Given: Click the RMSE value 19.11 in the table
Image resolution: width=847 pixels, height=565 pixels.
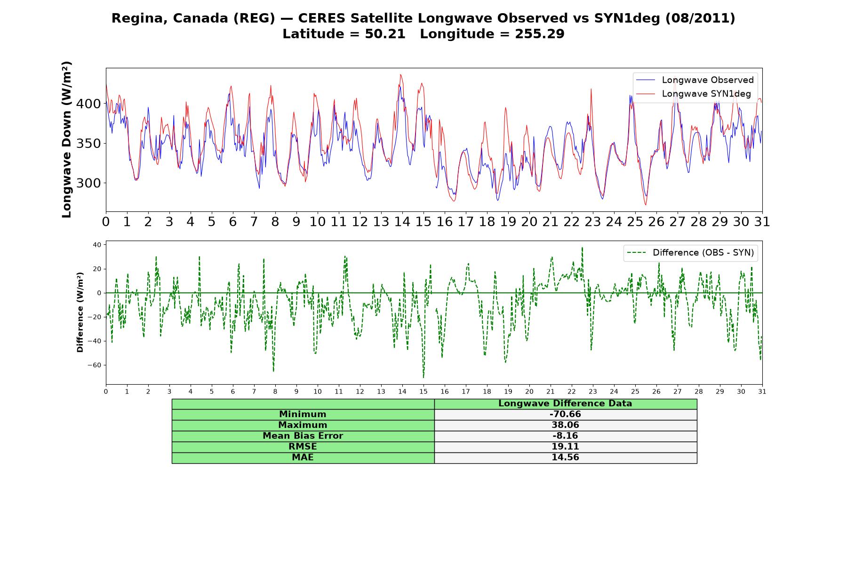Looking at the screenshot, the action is pos(565,447).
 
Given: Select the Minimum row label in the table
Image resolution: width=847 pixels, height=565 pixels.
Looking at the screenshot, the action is pos(303,414).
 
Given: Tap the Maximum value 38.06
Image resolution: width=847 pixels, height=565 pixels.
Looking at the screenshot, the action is pos(565,425).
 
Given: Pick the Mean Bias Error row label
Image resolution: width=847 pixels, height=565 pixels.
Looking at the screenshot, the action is pos(303,436).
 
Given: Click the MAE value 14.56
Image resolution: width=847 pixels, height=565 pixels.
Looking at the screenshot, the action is pos(565,458).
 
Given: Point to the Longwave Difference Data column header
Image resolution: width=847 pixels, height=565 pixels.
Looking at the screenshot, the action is pos(565,404).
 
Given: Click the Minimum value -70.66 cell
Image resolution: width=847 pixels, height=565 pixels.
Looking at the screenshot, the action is pos(565,414).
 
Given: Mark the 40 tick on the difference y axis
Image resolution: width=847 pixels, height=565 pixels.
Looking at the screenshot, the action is pos(97,245).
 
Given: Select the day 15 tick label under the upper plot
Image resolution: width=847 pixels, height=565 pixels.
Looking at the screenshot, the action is pos(423,222).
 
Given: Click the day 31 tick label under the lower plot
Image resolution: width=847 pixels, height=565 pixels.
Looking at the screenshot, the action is pos(762,392).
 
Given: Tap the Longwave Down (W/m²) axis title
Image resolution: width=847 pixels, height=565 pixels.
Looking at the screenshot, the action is pos(67,139).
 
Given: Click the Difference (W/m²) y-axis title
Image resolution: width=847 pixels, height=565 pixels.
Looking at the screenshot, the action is pos(80,312).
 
